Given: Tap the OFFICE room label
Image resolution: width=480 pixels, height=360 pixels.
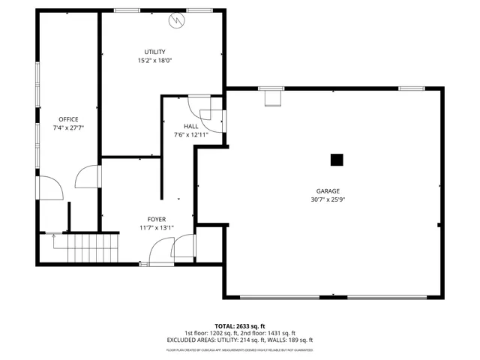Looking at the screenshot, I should tap(68, 119).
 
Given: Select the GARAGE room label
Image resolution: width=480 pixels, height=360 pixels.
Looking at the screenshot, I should tap(328, 191).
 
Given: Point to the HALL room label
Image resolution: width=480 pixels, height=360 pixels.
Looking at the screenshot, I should tap(190, 126).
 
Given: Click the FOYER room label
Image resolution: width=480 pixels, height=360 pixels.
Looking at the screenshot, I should tap(156, 219).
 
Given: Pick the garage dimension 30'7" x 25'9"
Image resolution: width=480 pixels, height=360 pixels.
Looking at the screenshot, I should tap(328, 199).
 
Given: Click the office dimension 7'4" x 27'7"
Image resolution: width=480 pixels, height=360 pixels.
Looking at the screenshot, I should tap(68, 128).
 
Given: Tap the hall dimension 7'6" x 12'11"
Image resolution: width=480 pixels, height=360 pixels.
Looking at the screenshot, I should tap(190, 135).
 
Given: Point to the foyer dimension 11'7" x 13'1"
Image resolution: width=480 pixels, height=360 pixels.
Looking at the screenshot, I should tap(156, 228).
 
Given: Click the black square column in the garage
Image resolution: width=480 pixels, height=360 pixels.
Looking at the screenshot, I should tap(337, 159).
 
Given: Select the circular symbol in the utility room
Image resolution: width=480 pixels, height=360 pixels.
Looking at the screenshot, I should tap(178, 20).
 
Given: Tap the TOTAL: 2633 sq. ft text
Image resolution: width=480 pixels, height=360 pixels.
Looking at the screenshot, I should tap(240, 326).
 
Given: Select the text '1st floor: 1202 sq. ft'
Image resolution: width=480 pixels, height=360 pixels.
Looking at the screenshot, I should tap(210, 333).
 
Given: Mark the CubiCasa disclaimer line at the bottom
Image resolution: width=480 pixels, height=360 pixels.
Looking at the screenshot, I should tap(240, 350).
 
